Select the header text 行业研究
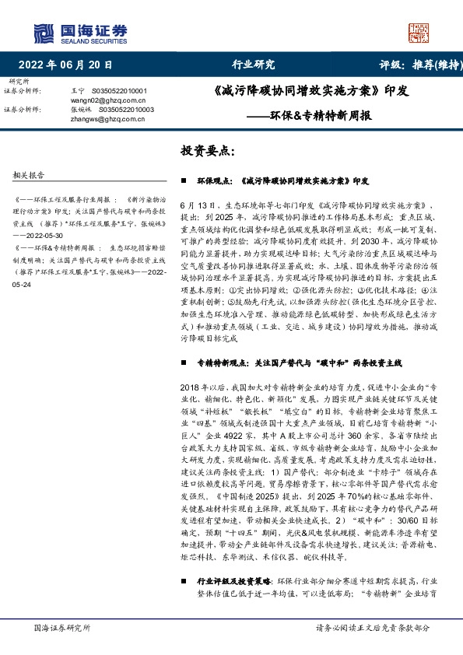point(254,65)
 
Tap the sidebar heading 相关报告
point(30,174)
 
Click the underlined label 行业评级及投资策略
point(228,580)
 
